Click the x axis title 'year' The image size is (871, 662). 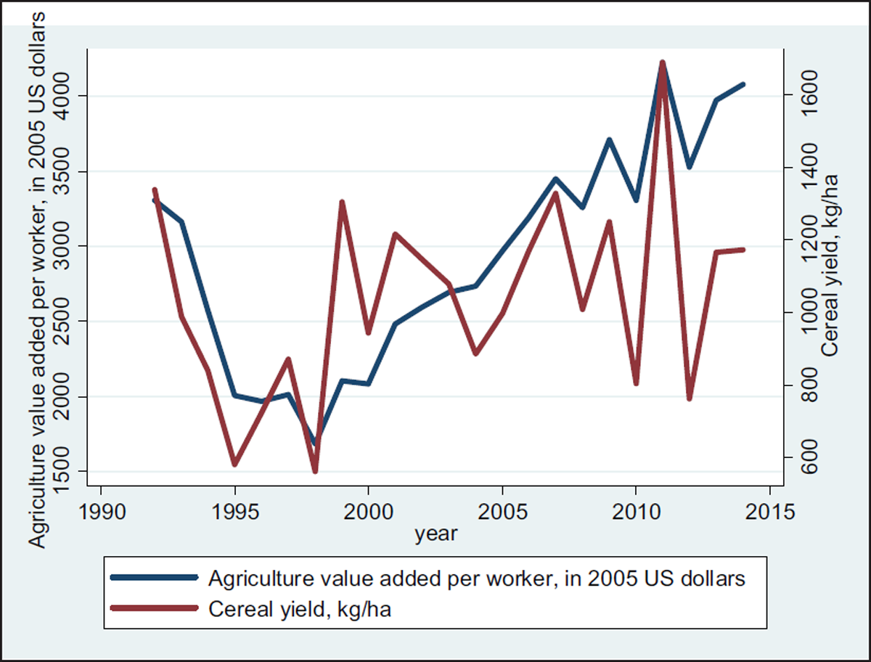436,535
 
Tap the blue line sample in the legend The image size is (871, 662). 155,578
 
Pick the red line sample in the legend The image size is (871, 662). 155,608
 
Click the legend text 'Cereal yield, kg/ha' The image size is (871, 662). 300,608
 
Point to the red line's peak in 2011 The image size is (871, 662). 662,63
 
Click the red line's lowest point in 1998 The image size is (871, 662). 315,471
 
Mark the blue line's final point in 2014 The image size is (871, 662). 743,85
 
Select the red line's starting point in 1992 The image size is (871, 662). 155,190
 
